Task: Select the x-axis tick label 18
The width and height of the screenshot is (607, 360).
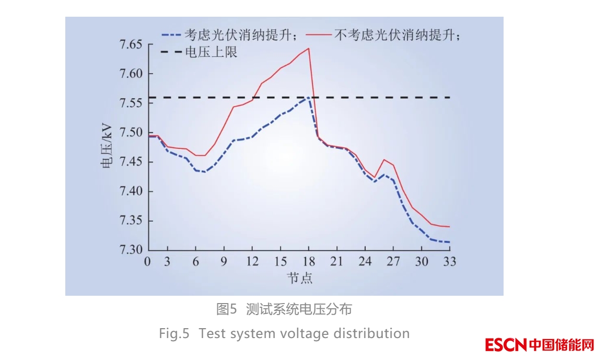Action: click(309, 262)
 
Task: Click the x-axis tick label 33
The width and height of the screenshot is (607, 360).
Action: click(449, 262)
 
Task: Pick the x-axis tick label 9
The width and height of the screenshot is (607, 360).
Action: click(225, 262)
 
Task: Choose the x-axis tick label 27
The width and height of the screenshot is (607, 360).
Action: click(393, 262)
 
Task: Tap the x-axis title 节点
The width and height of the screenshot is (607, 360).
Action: click(299, 277)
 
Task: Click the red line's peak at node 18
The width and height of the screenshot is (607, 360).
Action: click(309, 49)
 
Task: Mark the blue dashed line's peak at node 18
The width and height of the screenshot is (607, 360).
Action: click(309, 97)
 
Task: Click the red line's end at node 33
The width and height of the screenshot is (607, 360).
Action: click(449, 226)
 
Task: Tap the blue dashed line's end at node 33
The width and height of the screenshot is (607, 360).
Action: click(449, 242)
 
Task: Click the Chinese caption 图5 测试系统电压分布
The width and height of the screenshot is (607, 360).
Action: click(284, 309)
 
